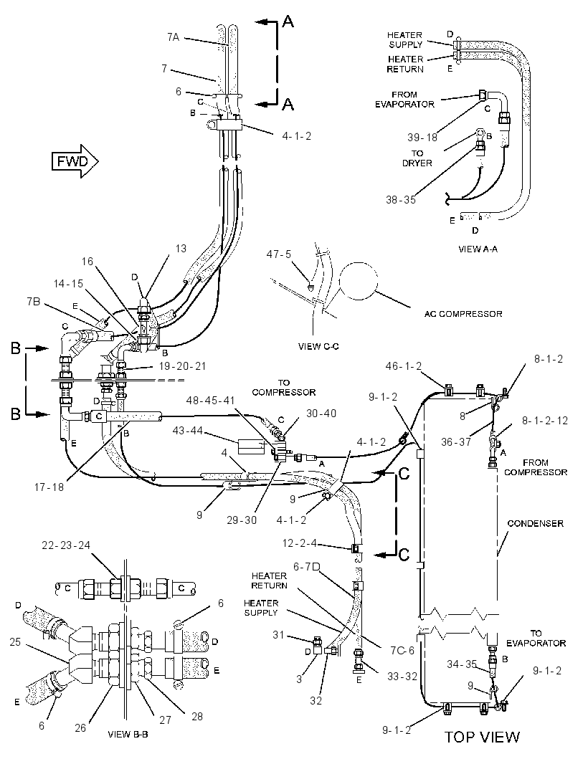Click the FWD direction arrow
(75, 161)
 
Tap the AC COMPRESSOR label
(463, 314)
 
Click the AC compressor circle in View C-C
(359, 281)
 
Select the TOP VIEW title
(482, 736)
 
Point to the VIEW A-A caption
(478, 249)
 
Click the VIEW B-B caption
(128, 735)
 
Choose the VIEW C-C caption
(318, 346)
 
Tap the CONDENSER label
(536, 523)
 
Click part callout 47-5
(278, 254)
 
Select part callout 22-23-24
(66, 545)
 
